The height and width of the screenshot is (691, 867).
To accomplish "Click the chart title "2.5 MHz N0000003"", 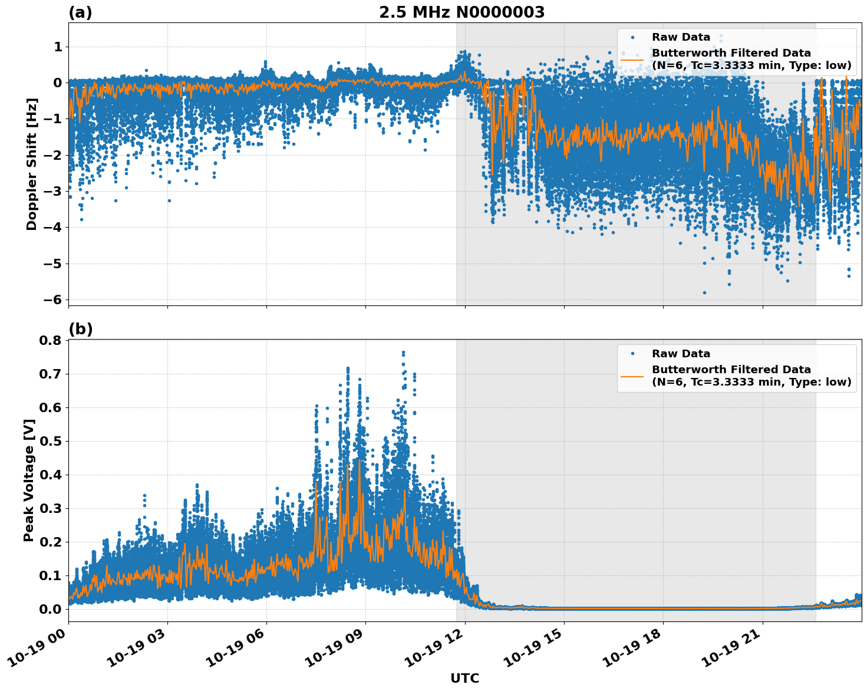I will [x=461, y=12].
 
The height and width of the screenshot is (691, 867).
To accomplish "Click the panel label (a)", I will [x=80, y=12].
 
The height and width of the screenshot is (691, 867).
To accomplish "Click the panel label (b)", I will [x=80, y=329].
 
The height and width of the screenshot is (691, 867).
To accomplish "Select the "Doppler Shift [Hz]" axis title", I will [x=32, y=164].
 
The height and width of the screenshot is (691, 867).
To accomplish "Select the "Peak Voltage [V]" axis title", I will [x=29, y=480].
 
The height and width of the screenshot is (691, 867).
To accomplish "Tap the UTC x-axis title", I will [x=464, y=678].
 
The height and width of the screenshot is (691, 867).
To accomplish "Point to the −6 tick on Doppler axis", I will [x=53, y=300].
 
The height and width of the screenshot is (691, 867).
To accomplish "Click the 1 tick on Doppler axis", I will [x=58, y=47].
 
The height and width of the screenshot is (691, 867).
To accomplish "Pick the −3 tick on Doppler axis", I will [x=53, y=191].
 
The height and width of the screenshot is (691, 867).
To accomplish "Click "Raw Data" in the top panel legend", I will [x=681, y=37].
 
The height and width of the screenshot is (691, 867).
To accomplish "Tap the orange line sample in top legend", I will [x=632, y=59].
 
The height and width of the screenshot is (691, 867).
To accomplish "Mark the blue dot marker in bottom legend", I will [x=632, y=354].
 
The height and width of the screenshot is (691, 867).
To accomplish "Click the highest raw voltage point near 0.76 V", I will [x=403, y=353].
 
